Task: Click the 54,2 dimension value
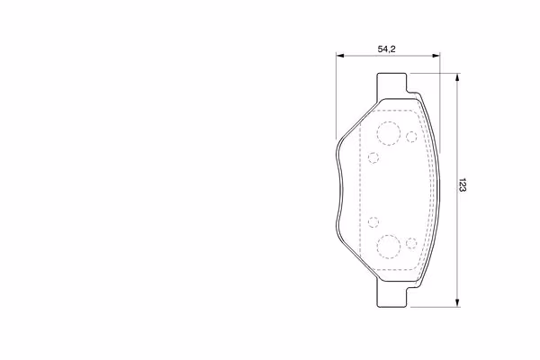coord(386,49)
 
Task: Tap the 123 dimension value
coord(463,185)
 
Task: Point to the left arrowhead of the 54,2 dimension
coord(340,55)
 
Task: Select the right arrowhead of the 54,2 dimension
coord(436,55)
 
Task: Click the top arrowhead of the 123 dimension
coord(457,77)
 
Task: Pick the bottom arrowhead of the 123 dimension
coord(457,302)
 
